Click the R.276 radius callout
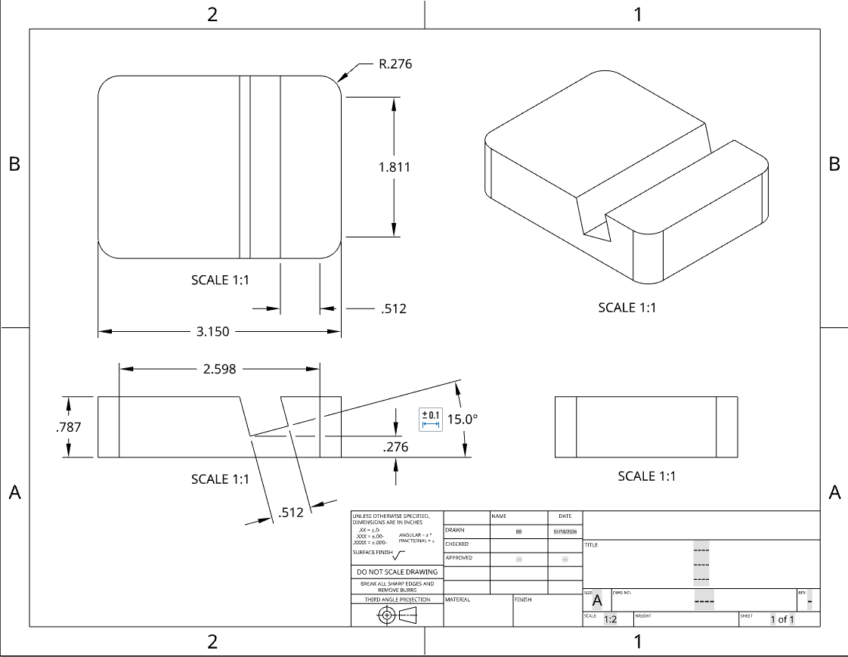click(x=395, y=64)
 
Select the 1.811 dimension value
click(x=395, y=167)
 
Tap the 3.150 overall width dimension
click(x=213, y=331)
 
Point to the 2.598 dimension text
click(x=220, y=369)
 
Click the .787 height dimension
click(x=69, y=426)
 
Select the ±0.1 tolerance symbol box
click(x=430, y=420)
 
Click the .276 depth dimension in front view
click(x=395, y=447)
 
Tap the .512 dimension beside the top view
click(x=395, y=308)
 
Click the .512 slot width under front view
click(x=291, y=513)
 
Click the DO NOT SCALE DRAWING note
click(x=396, y=572)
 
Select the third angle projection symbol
click(x=397, y=615)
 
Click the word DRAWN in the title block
click(x=454, y=531)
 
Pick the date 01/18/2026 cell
click(x=565, y=531)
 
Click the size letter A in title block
click(x=596, y=601)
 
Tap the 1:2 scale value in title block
click(x=609, y=620)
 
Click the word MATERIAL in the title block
click(x=458, y=600)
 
